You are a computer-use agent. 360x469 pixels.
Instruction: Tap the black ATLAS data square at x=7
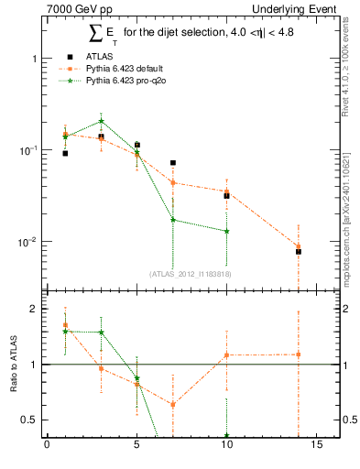click(x=173, y=163)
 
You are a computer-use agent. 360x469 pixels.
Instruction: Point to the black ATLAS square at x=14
click(x=299, y=251)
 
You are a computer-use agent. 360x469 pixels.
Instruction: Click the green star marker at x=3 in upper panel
click(x=101, y=121)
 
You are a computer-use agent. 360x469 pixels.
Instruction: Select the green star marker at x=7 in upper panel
click(x=173, y=220)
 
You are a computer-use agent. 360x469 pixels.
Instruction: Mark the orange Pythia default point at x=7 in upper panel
click(x=173, y=182)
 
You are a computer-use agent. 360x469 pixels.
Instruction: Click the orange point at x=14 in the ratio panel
click(x=299, y=354)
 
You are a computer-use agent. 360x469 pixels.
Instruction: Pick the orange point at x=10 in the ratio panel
click(x=226, y=355)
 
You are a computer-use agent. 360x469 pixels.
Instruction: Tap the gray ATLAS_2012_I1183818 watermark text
click(x=190, y=273)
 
